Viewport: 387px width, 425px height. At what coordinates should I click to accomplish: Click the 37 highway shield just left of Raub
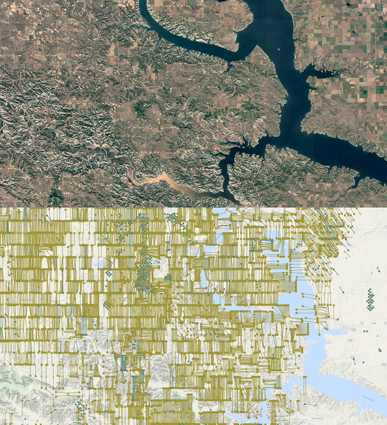click(361, 323)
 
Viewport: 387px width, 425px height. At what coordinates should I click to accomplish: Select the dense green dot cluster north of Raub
click(370, 299)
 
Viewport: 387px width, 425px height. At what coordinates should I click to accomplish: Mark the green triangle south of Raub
click(377, 336)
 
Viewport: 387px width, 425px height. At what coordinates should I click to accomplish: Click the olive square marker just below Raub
click(367, 331)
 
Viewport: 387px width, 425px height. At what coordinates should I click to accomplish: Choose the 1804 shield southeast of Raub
click(350, 340)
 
